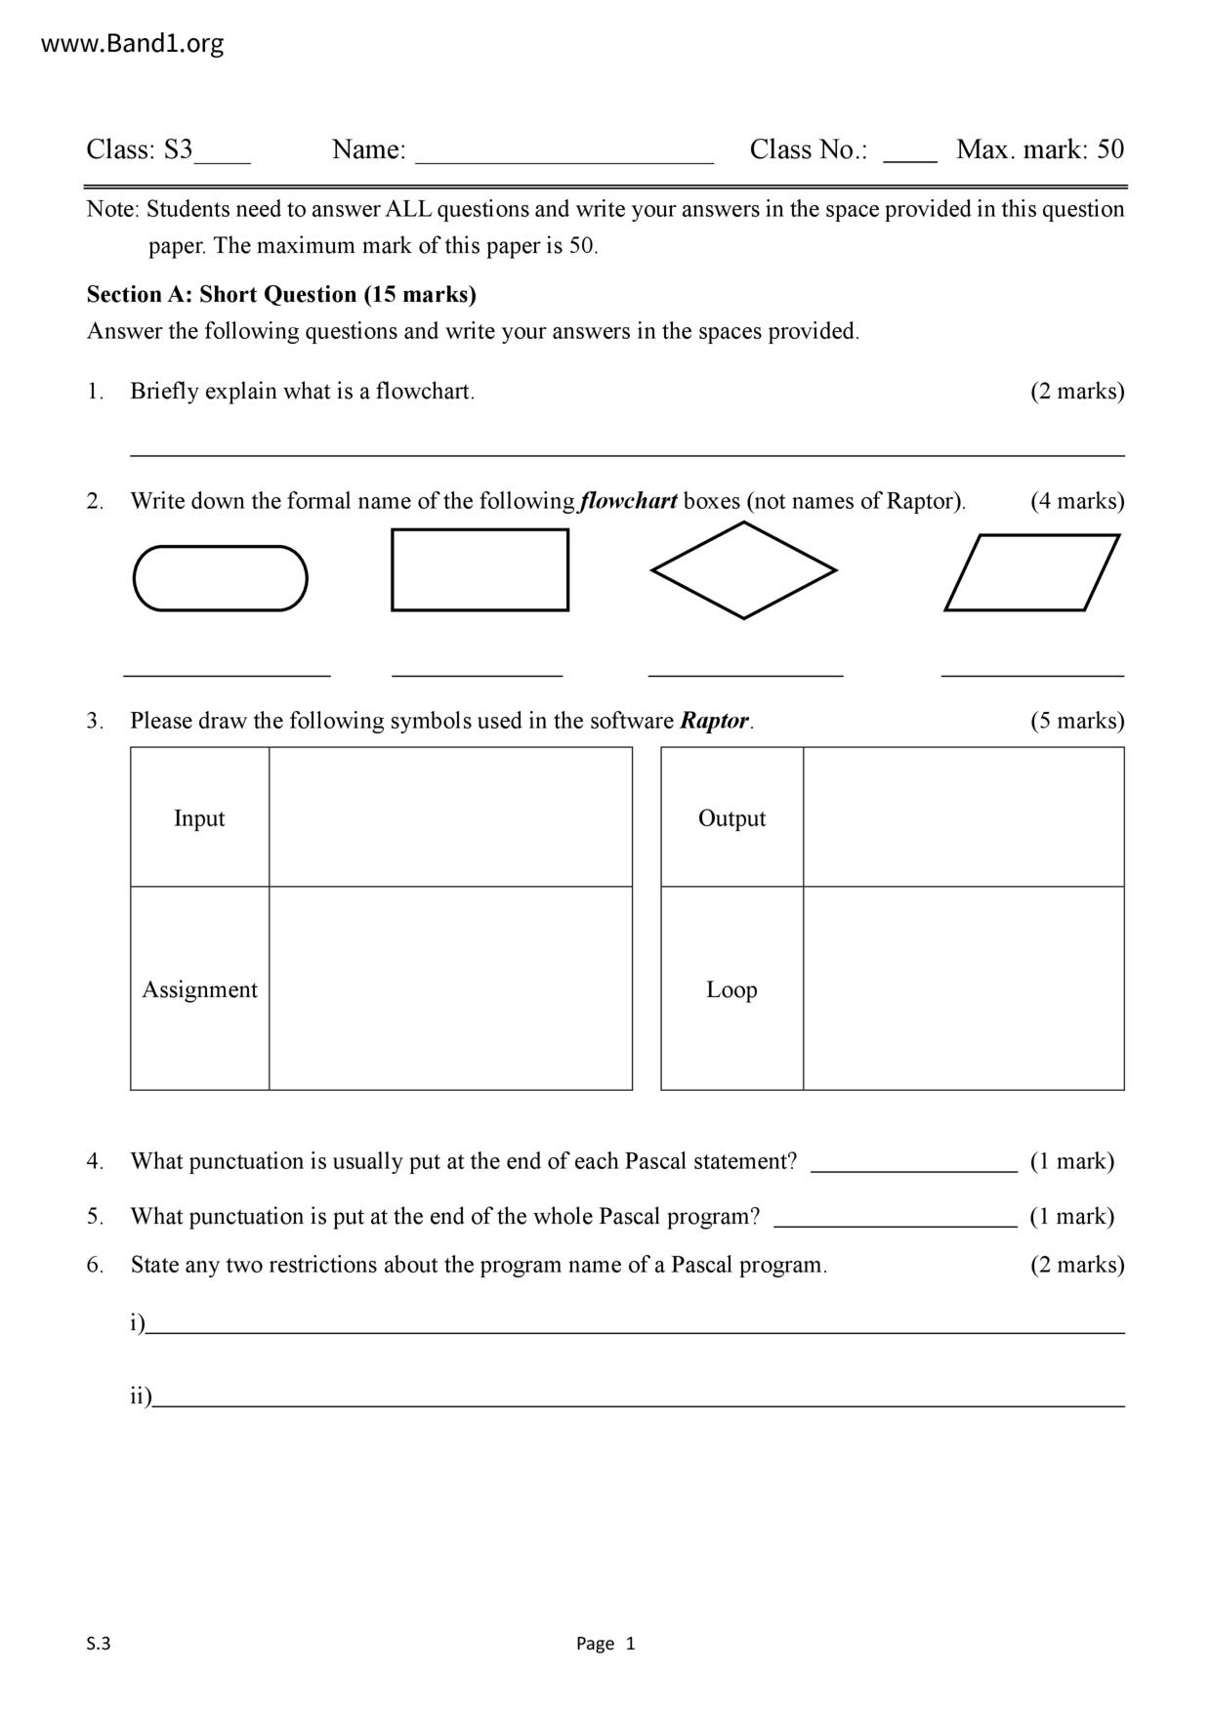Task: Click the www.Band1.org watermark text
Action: (133, 43)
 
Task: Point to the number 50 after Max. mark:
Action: (1110, 149)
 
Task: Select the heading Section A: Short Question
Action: (281, 294)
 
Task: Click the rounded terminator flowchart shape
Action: (221, 578)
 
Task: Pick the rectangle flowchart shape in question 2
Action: (480, 570)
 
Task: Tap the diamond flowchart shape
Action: (743, 570)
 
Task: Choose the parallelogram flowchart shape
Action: (1031, 572)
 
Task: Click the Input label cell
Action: (199, 817)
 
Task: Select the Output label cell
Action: (731, 817)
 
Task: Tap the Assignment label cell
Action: (199, 988)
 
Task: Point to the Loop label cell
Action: (731, 988)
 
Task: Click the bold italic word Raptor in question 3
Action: (714, 721)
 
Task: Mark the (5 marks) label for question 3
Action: (1077, 721)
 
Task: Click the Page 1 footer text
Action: (605, 1644)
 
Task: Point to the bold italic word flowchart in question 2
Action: (628, 501)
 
